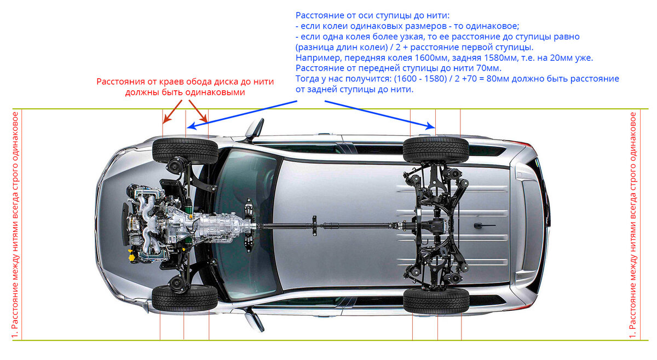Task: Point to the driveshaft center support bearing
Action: click(314, 225)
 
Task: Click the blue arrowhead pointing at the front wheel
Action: click(191, 126)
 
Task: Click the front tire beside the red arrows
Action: click(186, 150)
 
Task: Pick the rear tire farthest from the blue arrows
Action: click(436, 301)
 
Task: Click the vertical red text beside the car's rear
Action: click(633, 225)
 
